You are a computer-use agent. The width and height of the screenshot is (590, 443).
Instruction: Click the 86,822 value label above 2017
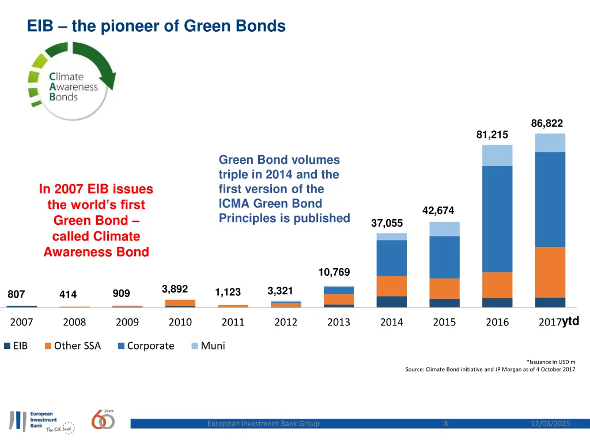tap(547, 123)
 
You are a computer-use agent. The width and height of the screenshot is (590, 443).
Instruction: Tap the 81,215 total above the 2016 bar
tap(492, 134)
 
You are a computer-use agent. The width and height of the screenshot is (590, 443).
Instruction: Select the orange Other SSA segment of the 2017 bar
tap(550, 272)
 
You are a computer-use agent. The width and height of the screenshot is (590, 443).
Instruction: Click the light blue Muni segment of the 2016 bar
tap(497, 155)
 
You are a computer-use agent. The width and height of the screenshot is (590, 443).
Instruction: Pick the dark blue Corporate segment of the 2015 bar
tap(444, 257)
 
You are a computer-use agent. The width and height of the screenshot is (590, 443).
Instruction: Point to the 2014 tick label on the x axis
tap(391, 322)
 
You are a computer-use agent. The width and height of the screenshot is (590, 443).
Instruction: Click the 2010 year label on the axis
tap(180, 322)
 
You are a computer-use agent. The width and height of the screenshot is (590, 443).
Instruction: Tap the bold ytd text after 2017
tap(570, 321)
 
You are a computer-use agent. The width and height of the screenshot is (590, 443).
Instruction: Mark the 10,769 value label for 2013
tap(334, 272)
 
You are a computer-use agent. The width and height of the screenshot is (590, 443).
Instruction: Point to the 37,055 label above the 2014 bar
tap(387, 223)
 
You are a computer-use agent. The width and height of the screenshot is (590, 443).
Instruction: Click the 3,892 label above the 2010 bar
tap(175, 289)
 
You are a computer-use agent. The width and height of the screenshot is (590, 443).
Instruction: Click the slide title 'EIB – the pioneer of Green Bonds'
tap(156, 26)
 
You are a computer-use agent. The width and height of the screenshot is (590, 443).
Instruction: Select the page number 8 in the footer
tap(446, 424)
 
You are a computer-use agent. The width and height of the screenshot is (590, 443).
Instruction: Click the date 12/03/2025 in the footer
tap(550, 424)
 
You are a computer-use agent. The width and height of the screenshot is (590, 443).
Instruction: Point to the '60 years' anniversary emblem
tap(103, 419)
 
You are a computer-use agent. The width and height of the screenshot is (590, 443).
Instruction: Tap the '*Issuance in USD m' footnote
tap(551, 362)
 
